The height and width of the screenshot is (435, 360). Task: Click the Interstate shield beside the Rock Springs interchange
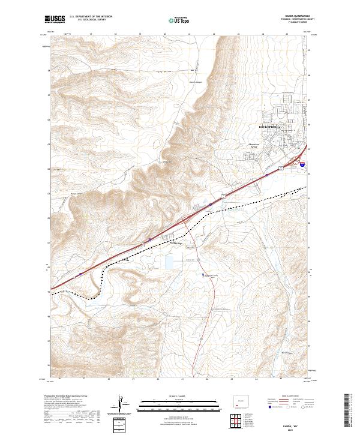(x=302, y=163)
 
